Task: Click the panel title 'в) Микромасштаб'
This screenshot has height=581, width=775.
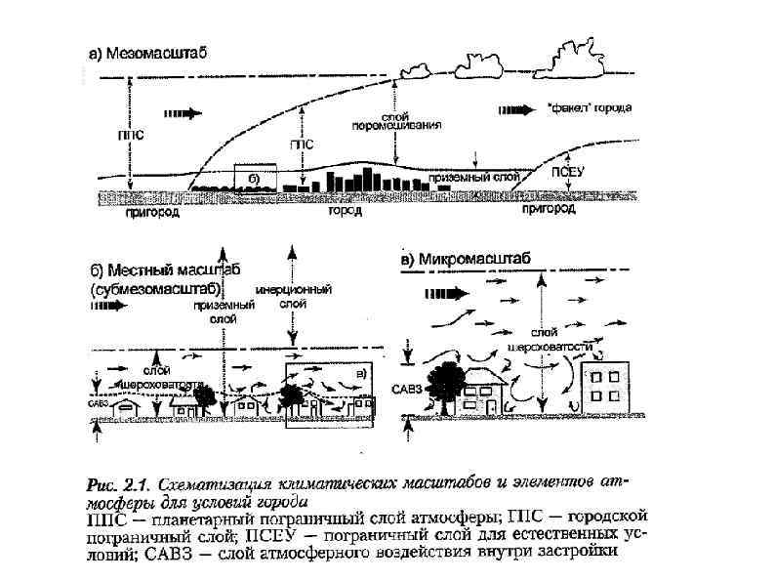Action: [466, 259]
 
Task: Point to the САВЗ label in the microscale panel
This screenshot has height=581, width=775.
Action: [415, 389]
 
